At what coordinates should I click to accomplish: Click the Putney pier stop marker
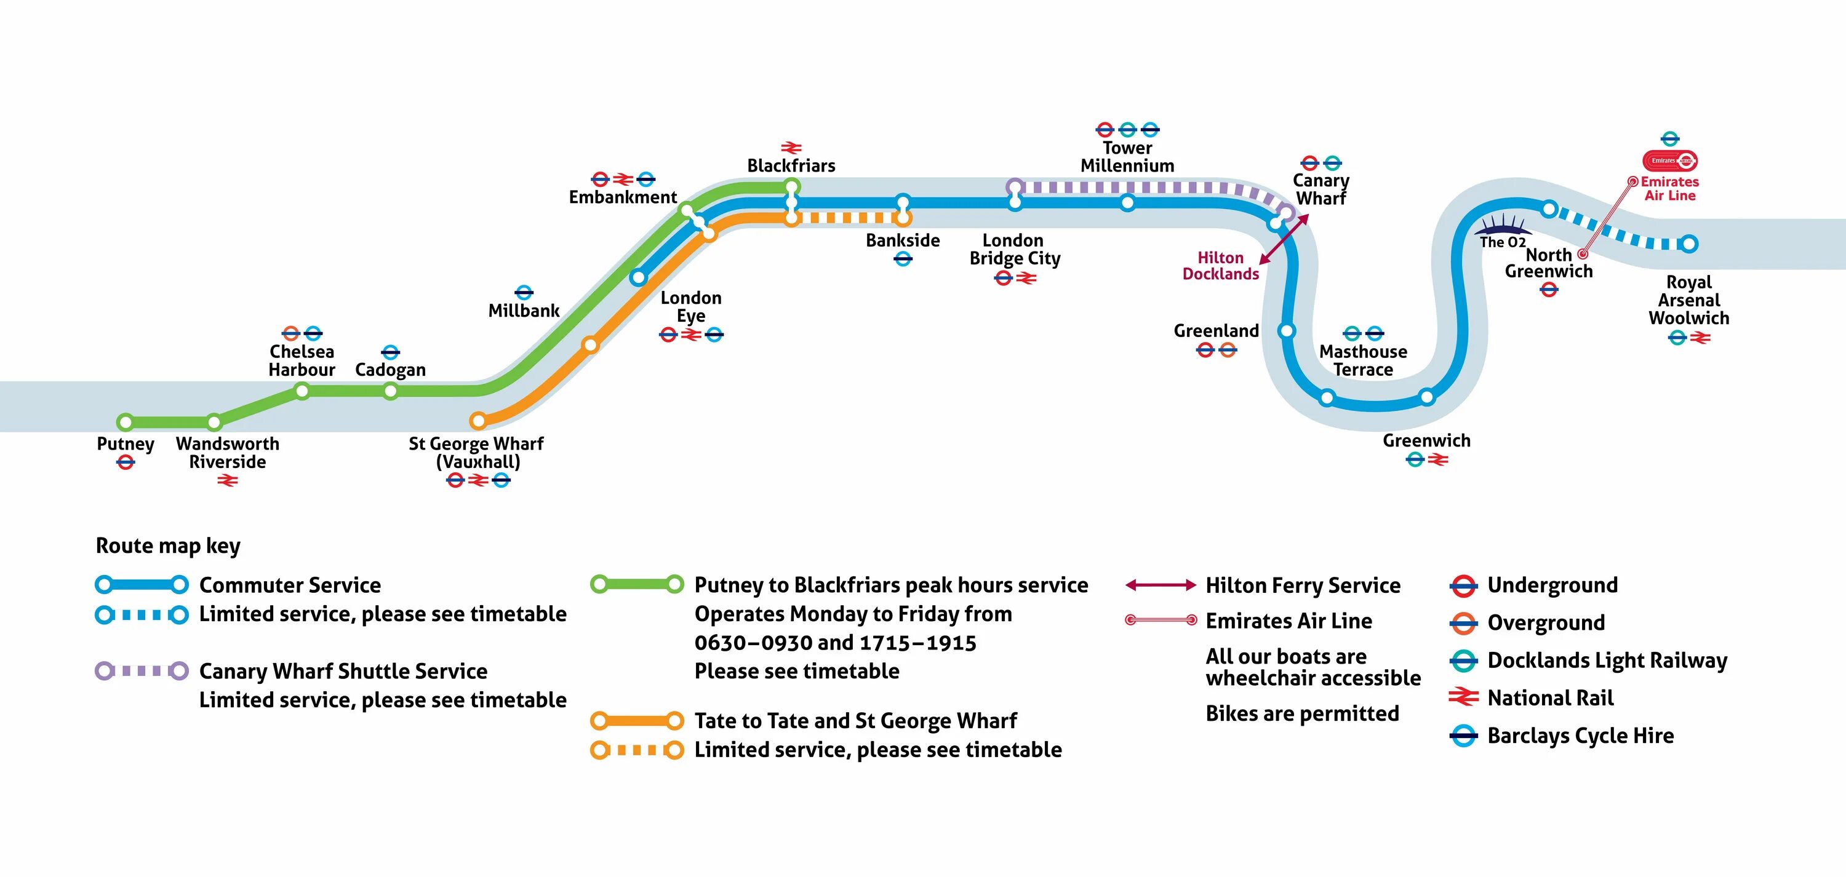click(126, 421)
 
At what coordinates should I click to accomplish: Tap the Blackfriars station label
click(791, 165)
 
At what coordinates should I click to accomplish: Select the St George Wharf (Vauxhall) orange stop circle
click(478, 420)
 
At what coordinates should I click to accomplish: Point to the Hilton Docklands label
click(1220, 266)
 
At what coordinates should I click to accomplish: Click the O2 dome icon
click(1502, 225)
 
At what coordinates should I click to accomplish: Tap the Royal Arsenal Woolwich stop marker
click(1689, 244)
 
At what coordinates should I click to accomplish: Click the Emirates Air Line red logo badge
click(1670, 161)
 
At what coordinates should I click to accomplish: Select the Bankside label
click(902, 240)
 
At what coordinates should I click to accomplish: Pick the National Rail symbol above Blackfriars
click(791, 148)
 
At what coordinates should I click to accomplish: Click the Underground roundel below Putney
click(126, 463)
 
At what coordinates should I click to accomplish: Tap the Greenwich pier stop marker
click(1427, 397)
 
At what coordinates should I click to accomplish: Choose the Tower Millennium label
click(1127, 157)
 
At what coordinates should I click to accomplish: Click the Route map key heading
click(169, 546)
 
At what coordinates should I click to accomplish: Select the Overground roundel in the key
click(1463, 624)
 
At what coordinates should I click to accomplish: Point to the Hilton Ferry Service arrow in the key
click(1160, 585)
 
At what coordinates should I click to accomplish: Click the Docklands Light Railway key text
click(1607, 661)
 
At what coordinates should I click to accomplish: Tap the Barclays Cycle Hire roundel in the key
click(1463, 736)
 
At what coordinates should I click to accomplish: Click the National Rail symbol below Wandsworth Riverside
click(227, 481)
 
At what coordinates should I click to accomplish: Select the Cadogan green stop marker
click(391, 391)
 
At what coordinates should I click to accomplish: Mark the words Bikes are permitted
click(1302, 713)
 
